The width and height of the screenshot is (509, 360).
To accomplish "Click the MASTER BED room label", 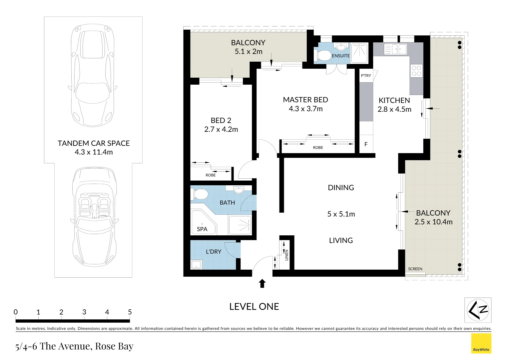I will point(305,100).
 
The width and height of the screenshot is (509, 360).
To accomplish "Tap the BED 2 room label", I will point(221,121).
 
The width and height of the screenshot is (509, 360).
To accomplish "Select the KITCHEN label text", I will point(394,100).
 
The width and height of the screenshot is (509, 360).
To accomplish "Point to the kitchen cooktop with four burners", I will point(416,71).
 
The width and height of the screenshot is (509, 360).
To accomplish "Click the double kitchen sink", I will point(395,49).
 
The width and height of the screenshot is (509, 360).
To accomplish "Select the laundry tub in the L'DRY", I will point(196,265).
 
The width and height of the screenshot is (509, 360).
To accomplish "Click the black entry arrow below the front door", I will point(262,283).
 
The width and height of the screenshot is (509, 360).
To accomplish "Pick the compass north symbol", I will point(478,310).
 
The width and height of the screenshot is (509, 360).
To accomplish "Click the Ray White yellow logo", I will point(481,343).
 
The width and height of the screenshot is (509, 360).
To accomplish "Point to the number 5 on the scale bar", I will point(130,312).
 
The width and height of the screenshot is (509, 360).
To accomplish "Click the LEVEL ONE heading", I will point(254,307).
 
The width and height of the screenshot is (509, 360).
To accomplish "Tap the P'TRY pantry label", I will point(366,76).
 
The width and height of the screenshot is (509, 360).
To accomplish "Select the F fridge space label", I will point(366,144).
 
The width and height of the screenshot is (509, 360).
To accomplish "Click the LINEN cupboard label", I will point(286,255).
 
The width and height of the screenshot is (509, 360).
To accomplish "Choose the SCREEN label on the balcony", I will point(415,269).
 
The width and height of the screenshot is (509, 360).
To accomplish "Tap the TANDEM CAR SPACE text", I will point(94,143).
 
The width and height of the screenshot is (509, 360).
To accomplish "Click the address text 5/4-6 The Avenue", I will point(74,346).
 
